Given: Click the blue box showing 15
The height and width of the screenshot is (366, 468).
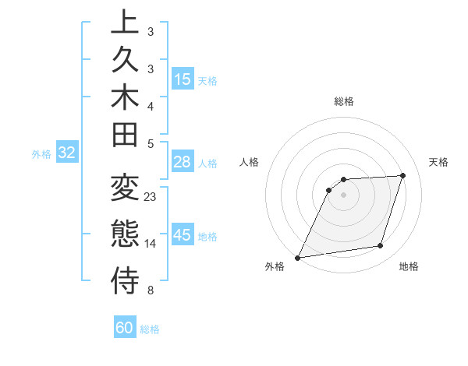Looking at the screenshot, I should (183, 79).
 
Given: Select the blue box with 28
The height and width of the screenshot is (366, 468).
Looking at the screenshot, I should (183, 162).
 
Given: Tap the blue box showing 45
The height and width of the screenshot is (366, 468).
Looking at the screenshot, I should (183, 235).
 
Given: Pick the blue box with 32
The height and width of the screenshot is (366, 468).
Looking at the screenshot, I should (67, 153).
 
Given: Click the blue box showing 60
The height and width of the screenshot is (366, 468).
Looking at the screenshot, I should (125, 328).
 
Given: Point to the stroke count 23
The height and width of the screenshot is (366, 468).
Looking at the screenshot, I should (151, 196).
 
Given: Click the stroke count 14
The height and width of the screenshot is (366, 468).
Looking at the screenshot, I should (151, 244).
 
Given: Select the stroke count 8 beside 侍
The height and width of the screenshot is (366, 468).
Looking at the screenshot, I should (151, 290).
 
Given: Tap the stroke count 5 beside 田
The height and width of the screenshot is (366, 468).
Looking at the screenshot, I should (151, 143).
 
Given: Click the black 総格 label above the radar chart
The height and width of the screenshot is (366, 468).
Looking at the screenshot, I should (344, 101).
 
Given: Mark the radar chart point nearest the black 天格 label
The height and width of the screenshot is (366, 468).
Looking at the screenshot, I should (402, 175).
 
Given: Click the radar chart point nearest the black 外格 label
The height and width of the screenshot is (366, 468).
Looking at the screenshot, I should (297, 258).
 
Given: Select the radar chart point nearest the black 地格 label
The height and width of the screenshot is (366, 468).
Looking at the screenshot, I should (380, 246).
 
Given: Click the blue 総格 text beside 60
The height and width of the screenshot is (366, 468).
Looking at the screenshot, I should (150, 329).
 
